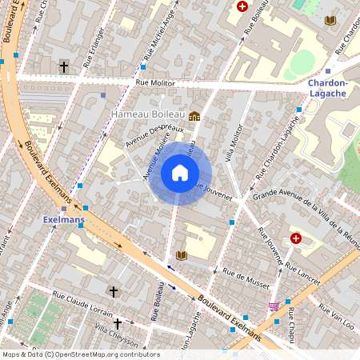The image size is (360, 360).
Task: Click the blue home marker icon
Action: (180, 172)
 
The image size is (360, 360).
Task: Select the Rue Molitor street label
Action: (154, 82)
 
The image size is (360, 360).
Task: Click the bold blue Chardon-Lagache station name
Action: (328, 88)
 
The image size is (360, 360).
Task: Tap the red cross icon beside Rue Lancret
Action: (296, 238)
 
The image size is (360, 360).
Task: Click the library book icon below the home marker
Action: (181, 255)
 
